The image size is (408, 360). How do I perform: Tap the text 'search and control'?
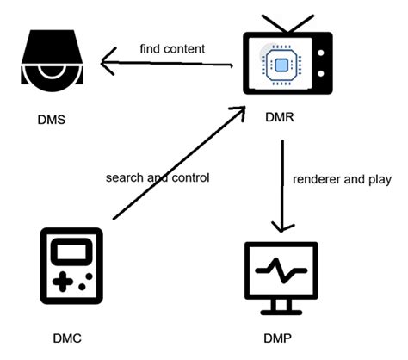[158, 177]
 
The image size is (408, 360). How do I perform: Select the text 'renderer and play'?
[342, 179]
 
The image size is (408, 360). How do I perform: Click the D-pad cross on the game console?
[61, 281]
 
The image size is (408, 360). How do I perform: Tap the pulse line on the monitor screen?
[281, 269]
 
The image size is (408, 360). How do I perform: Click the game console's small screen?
[71, 252]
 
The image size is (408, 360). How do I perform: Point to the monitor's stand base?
[281, 312]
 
